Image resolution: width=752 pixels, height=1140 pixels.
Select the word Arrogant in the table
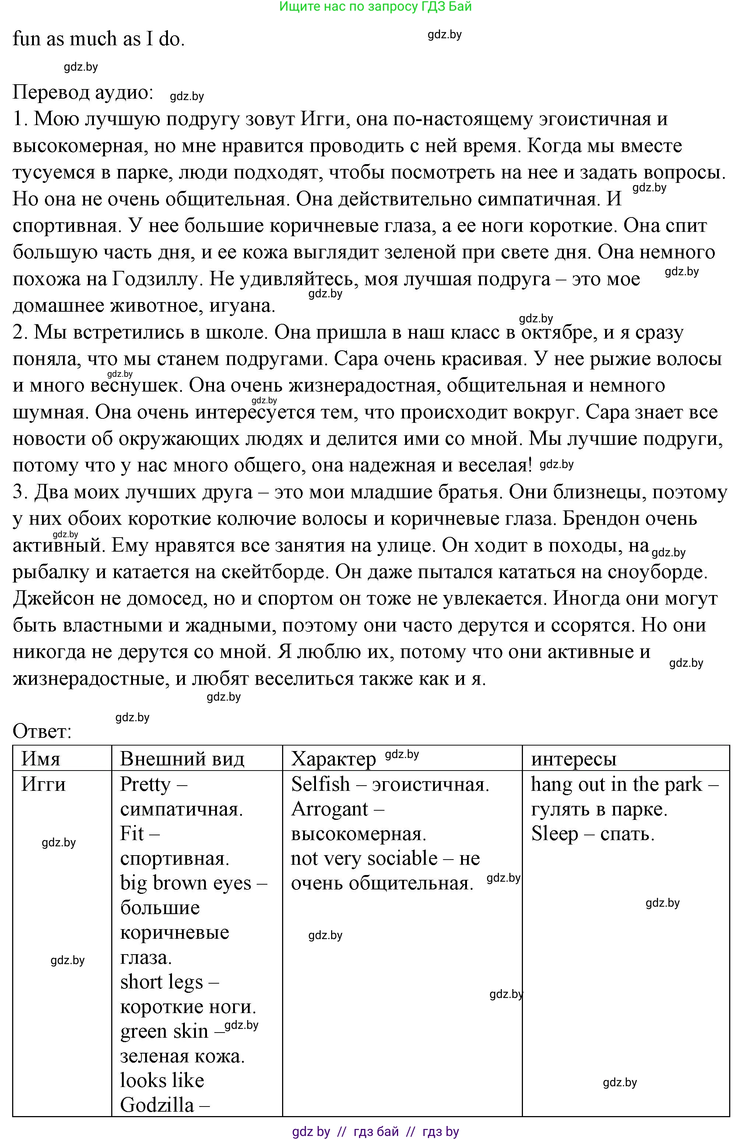[x=330, y=809]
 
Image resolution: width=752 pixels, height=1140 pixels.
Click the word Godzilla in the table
[x=157, y=1105]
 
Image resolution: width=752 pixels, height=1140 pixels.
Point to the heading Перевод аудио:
[x=82, y=92]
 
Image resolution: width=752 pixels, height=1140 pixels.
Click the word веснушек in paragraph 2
[x=134, y=386]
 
